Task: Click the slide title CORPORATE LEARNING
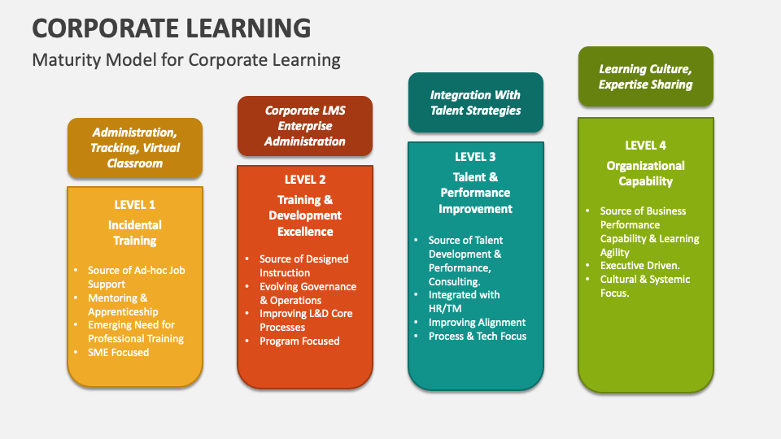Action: click(172, 28)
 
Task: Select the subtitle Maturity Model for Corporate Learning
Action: click(185, 60)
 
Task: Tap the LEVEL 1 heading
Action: click(135, 205)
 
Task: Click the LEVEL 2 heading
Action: click(305, 180)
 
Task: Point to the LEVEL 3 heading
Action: click(475, 157)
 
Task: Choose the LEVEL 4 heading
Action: click(645, 146)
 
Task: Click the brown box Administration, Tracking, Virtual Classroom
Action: click(135, 147)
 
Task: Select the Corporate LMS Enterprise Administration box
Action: click(305, 126)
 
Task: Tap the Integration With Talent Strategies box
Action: click(475, 102)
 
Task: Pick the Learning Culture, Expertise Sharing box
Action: click(645, 76)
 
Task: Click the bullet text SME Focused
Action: click(119, 352)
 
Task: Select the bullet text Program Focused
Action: click(299, 341)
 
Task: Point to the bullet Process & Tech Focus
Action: click(478, 336)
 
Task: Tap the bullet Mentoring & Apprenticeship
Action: click(124, 305)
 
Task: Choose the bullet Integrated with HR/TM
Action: click(465, 302)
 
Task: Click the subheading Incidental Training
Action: click(135, 233)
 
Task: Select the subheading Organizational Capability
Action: click(645, 173)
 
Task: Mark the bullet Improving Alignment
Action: click(478, 322)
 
